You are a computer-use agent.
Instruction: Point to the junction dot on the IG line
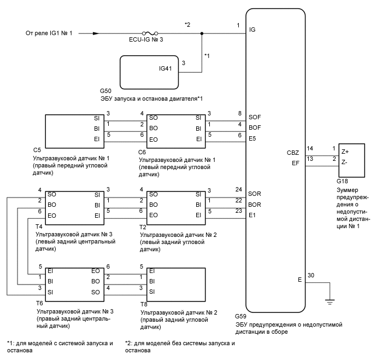click(x=203, y=33)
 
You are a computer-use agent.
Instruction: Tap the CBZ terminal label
click(x=292, y=152)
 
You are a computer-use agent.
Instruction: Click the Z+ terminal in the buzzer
click(x=346, y=151)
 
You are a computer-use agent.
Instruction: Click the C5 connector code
click(x=37, y=149)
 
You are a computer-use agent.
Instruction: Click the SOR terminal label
click(x=255, y=194)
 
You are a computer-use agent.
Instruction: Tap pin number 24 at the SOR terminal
click(x=238, y=190)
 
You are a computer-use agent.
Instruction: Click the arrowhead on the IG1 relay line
click(x=96, y=33)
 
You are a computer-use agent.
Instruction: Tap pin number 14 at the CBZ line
click(x=310, y=148)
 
